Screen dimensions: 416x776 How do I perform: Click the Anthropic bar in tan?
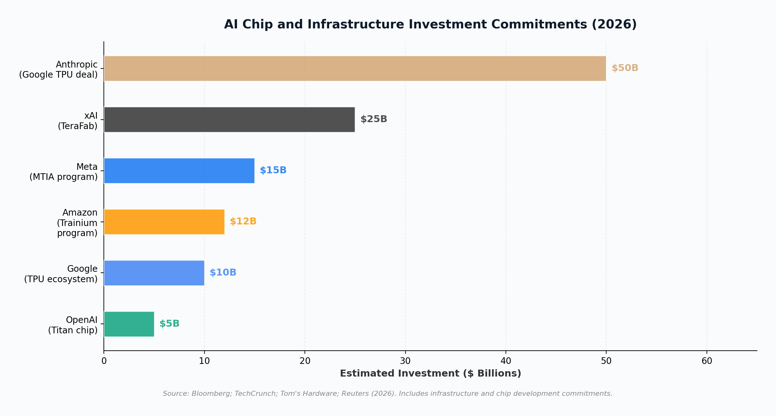click(355, 68)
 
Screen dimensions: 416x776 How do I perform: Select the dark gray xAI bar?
click(229, 120)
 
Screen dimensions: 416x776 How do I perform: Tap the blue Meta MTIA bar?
click(179, 171)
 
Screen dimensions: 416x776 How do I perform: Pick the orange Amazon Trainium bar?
click(164, 222)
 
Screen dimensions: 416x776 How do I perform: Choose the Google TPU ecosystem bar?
click(154, 273)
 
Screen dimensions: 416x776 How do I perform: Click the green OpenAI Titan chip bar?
click(129, 324)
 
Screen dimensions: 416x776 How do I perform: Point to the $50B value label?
click(625, 68)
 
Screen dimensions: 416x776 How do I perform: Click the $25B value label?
click(374, 119)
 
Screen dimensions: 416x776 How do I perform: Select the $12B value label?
click(243, 222)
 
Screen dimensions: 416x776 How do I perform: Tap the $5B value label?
click(169, 324)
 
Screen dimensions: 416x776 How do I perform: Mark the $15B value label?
click(273, 170)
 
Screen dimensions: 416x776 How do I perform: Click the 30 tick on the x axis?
click(405, 361)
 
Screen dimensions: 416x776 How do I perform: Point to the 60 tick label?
click(707, 361)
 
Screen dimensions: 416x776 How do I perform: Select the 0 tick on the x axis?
click(104, 361)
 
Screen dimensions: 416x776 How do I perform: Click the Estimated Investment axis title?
click(430, 374)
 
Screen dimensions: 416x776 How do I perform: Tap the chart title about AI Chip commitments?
click(430, 25)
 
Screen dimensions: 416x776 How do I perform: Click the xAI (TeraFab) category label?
click(78, 121)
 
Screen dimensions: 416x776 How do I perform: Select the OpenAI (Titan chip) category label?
click(73, 325)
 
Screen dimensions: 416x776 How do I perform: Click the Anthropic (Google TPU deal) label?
click(58, 70)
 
